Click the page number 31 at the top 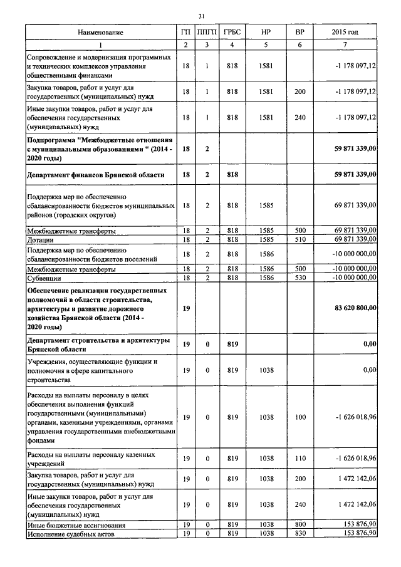[201, 16]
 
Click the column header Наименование [100, 32]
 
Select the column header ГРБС [232, 32]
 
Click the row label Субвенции [43, 277]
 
